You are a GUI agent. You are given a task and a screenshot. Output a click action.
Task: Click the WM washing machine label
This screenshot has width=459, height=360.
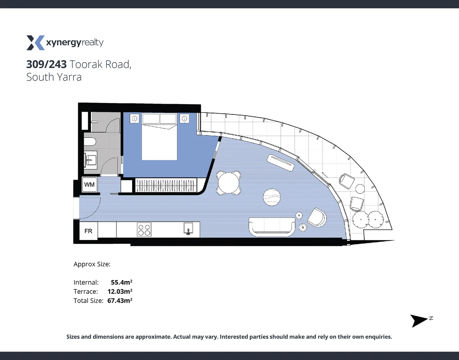pyautogui.click(x=89, y=185)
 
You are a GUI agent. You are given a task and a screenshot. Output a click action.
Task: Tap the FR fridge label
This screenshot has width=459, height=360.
pyautogui.click(x=88, y=231)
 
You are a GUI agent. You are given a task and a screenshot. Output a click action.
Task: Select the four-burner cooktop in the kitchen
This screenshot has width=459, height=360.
pyautogui.click(x=144, y=230)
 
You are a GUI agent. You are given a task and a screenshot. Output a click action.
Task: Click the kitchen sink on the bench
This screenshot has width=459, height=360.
pyautogui.click(x=188, y=229)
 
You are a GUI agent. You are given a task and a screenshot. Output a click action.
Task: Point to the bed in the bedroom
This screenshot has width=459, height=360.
pyautogui.click(x=159, y=137)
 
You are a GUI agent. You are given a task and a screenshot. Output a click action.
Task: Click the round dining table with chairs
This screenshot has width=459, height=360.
pyautogui.click(x=229, y=183)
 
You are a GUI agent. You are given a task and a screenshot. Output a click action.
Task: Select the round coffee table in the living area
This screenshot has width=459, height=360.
pyautogui.click(x=272, y=197)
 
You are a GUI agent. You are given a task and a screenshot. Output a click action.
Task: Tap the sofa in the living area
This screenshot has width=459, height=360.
pyautogui.click(x=272, y=227)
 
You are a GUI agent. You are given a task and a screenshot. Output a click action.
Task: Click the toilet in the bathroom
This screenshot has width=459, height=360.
pyautogui.click(x=90, y=142)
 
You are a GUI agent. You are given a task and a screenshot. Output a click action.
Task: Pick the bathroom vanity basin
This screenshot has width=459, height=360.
pyautogui.click(x=90, y=160)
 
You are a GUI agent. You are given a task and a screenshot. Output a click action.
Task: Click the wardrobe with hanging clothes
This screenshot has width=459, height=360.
pyautogui.click(x=166, y=185)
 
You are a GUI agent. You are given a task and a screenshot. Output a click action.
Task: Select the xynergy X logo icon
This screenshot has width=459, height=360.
pyautogui.click(x=35, y=43)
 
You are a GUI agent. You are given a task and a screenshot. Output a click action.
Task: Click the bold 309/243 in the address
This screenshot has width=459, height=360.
pyautogui.click(x=46, y=64)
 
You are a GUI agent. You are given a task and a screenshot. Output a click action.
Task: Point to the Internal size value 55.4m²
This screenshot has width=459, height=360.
pyautogui.click(x=121, y=282)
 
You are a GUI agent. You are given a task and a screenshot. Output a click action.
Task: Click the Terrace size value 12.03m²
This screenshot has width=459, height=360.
pyautogui.click(x=120, y=291)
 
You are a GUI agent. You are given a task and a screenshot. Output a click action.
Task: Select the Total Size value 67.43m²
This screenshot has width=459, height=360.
pyautogui.click(x=120, y=300)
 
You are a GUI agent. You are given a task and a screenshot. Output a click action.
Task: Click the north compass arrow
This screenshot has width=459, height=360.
pyautogui.click(x=419, y=320)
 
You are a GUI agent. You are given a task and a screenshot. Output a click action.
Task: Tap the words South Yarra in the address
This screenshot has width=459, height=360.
pyautogui.click(x=54, y=77)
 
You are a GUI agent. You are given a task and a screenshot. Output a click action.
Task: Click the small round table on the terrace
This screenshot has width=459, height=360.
pyautogui.click(x=360, y=189)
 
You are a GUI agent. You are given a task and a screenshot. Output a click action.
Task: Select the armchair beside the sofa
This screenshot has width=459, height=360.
pyautogui.click(x=317, y=217)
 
